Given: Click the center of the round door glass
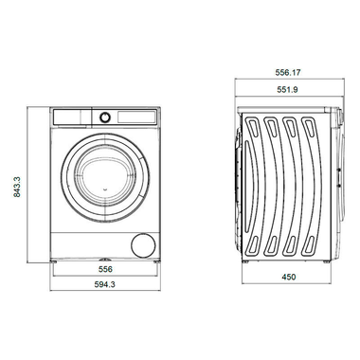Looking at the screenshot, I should tap(102, 168).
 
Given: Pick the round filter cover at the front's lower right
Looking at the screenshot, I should tap(144, 243).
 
